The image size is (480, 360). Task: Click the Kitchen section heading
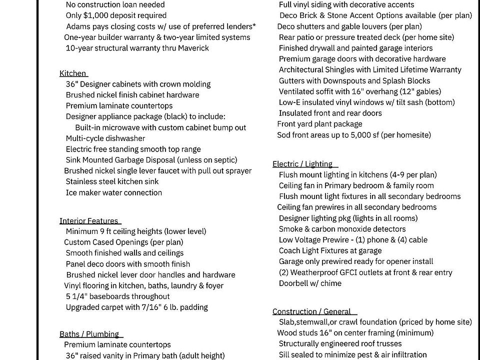[73, 73]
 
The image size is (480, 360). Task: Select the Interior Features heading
[89, 221]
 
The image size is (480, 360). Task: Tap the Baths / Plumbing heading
[89, 334]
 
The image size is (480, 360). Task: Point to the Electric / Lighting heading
[302, 164]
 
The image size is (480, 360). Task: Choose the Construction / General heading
[311, 311]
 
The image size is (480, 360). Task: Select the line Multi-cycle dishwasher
[105, 138]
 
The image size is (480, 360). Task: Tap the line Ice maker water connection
[114, 192]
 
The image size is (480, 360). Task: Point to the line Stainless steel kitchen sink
[112, 181]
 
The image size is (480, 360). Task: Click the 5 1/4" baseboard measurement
[77, 296]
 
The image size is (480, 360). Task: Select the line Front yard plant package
[320, 124]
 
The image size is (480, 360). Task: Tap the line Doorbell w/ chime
[310, 283]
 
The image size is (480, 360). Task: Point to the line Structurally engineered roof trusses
[340, 343]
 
